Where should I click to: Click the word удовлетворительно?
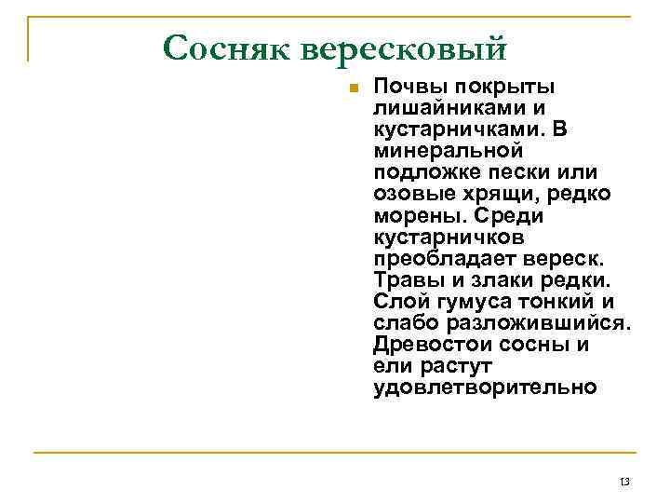(x=485, y=387)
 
